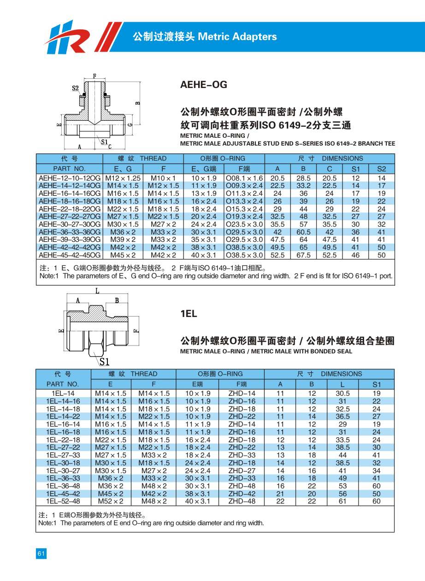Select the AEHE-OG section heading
[203, 85]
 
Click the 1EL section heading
[189, 314]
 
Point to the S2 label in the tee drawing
[75, 88]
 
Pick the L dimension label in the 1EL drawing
[97, 291]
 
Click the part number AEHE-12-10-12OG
[70, 178]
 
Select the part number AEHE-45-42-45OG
[70, 255]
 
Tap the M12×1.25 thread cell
[123, 178]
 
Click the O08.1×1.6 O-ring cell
[244, 178]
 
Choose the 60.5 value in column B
[303, 232]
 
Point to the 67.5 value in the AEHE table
[303, 255]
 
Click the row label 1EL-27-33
[63, 455]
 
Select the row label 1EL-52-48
[63, 501]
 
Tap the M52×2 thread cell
[110, 501]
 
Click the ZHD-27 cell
[242, 470]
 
